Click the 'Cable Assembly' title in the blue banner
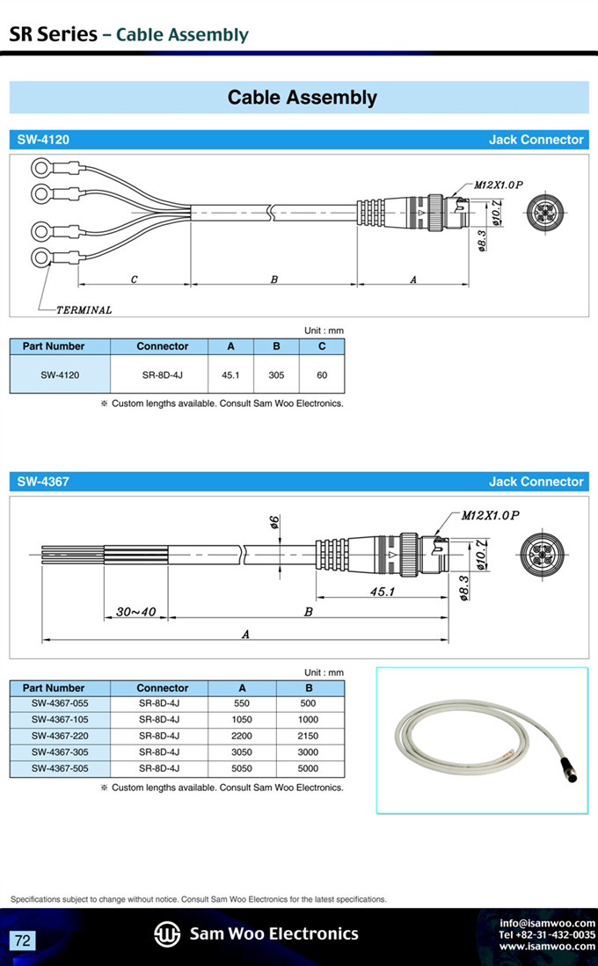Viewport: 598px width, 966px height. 302,98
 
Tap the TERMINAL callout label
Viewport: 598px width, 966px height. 84,309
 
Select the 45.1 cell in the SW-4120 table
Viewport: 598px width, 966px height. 230,374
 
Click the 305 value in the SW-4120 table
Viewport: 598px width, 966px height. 276,374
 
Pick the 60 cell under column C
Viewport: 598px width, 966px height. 322,374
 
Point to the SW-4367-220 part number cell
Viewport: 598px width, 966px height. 60,736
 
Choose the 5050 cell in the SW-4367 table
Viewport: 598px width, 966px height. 242,768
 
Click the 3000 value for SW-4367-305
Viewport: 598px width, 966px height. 309,752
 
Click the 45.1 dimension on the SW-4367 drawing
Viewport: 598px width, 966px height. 383,592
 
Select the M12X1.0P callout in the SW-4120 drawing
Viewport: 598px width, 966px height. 499,185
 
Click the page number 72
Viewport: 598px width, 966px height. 23,941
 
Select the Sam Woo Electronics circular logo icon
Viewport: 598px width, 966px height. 167,933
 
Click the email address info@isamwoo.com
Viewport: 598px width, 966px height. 547,923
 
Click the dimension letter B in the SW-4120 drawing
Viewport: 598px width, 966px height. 274,280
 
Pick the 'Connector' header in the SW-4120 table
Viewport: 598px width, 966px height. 163,346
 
